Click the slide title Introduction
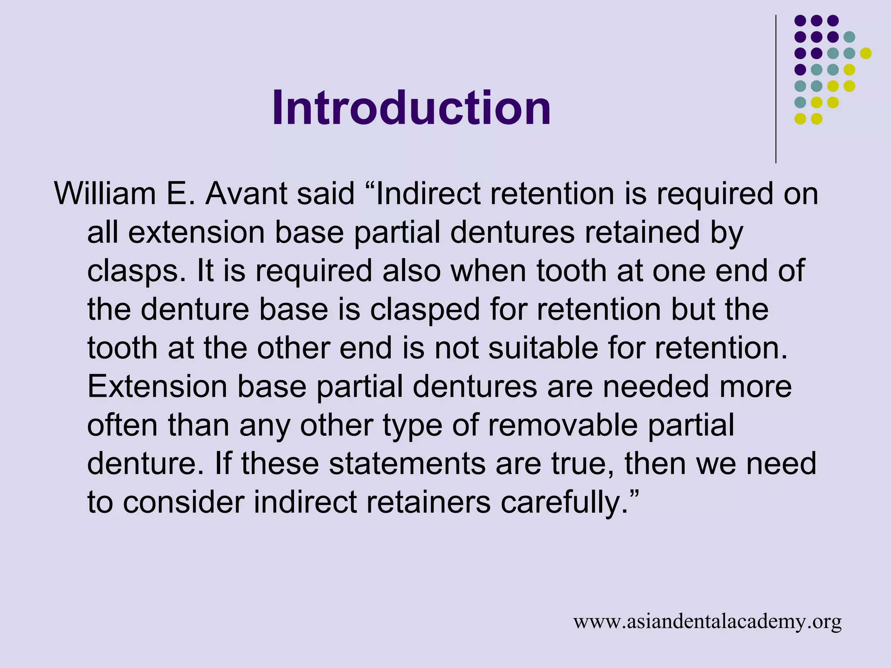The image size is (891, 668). [x=411, y=107]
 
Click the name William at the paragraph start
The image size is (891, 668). [x=105, y=194]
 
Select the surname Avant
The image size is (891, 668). [x=246, y=194]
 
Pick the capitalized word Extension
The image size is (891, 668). [x=157, y=386]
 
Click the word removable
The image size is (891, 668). [x=563, y=425]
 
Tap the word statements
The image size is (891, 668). [x=407, y=463]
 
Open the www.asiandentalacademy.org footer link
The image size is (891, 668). [x=707, y=621]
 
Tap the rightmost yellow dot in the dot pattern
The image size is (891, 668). [x=866, y=53]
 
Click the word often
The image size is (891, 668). [x=122, y=425]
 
